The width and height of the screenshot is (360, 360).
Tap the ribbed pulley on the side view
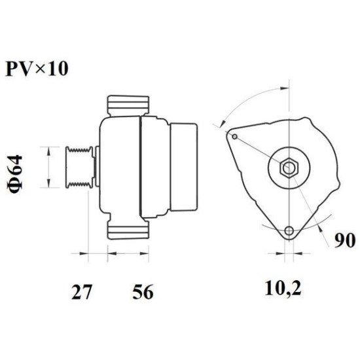pos(79,167)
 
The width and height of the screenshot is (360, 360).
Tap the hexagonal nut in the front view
pos(288,168)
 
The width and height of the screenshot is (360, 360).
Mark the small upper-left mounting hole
pos(234,136)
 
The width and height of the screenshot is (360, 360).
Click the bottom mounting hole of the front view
pos(289,230)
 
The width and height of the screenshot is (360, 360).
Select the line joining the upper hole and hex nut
pos(260,151)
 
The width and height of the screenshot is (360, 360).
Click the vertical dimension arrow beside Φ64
pos(49,167)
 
